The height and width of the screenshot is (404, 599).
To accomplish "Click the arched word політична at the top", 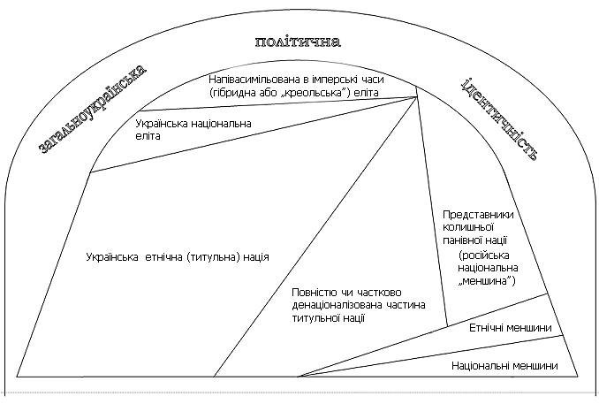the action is [x=298, y=42].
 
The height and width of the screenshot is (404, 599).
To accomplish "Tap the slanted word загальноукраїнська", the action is [x=93, y=110].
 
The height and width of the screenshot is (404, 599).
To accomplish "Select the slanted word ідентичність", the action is [x=500, y=118].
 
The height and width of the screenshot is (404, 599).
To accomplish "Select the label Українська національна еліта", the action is [x=193, y=130].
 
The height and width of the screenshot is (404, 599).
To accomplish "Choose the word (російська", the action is [x=484, y=255].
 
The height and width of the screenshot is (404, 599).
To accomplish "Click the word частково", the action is [x=379, y=293].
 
